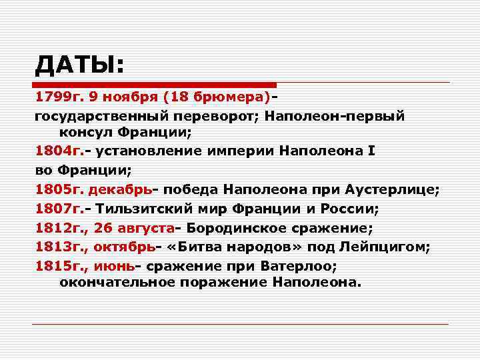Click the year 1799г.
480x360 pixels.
(x=58, y=97)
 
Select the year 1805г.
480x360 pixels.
(x=58, y=190)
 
